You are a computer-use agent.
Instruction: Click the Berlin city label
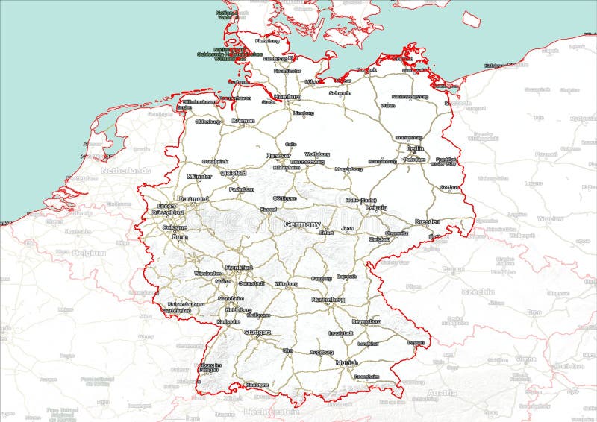416,148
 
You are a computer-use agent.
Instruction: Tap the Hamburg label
287,97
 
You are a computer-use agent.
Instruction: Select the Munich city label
346,362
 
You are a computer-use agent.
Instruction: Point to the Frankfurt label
239,267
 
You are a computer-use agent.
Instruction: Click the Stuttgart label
257,332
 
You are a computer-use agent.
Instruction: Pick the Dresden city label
428,222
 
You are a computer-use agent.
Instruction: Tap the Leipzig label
377,207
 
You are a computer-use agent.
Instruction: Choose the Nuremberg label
328,300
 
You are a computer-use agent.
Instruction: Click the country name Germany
302,224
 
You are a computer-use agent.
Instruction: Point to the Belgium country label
89,253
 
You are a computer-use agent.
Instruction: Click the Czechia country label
478,292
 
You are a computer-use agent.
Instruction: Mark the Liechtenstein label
272,412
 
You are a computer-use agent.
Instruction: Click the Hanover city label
278,155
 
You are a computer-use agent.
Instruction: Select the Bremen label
243,121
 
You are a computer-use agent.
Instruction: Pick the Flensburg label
266,41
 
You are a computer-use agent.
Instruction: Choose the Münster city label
200,177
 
